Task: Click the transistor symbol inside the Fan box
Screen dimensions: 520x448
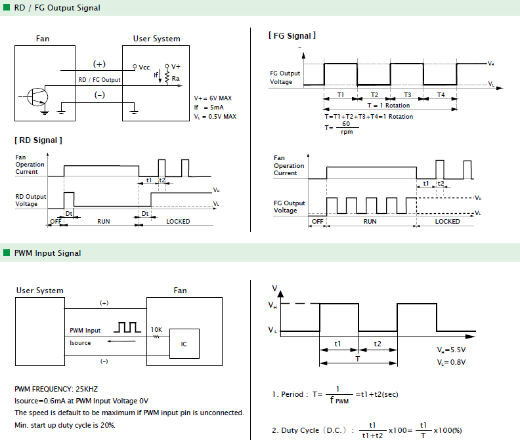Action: coord(37,97)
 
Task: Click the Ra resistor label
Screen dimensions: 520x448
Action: coord(176,79)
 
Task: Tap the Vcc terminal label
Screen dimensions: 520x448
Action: coord(144,68)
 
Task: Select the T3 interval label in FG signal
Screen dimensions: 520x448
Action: coord(407,94)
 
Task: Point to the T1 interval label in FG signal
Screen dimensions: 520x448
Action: coord(341,94)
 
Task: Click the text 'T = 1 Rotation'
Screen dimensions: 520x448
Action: coord(389,106)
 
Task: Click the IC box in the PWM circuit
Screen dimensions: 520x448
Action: coord(184,344)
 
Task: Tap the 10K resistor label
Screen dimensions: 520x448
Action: coord(156,330)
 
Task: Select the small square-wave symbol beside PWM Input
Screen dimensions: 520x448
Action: coord(127,327)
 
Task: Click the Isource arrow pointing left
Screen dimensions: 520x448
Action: coord(121,341)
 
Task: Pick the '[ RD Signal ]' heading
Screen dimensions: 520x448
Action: coord(38,140)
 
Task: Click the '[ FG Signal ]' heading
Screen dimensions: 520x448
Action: coord(292,35)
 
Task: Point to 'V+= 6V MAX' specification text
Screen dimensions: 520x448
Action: coord(213,98)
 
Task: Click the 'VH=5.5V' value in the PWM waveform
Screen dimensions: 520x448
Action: coord(451,350)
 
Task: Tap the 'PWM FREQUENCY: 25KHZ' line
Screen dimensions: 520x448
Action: coord(56,389)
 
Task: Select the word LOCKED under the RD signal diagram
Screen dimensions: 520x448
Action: coord(178,221)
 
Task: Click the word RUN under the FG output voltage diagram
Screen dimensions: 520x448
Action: coord(370,221)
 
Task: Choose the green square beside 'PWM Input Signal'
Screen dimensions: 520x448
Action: coord(7,253)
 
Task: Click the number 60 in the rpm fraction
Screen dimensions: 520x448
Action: coord(346,123)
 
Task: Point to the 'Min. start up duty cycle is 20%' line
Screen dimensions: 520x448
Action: coord(65,425)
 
